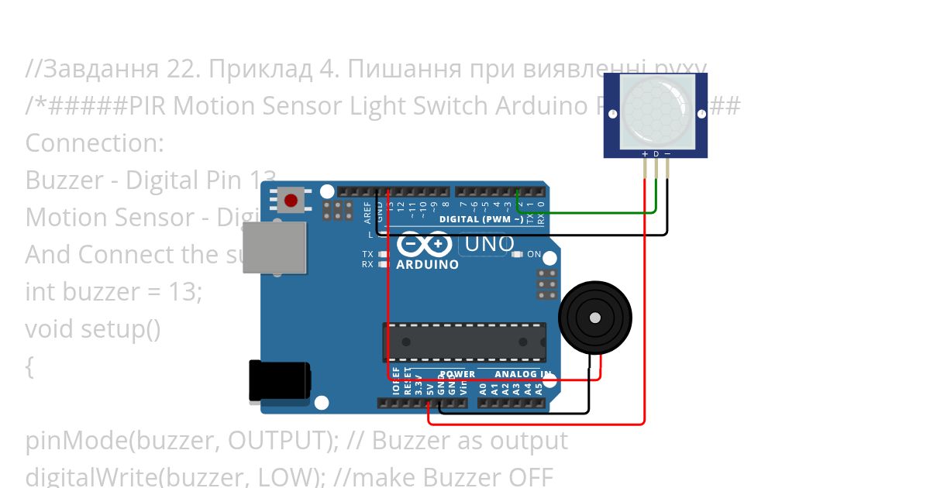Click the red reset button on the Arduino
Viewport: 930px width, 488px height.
[291, 201]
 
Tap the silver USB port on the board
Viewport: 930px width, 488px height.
[274, 247]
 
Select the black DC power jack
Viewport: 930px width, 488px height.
[279, 381]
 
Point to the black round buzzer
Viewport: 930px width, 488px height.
[594, 318]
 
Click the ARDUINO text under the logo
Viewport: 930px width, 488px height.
[427, 264]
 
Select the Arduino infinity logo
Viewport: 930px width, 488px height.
[424, 245]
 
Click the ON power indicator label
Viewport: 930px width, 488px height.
[534, 254]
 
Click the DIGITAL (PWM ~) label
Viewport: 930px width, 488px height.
[481, 219]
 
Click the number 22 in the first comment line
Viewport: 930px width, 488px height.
[183, 69]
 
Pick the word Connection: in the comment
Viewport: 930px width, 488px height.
[95, 143]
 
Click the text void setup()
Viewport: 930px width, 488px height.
[93, 329]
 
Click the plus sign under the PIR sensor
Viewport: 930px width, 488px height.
[645, 154]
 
